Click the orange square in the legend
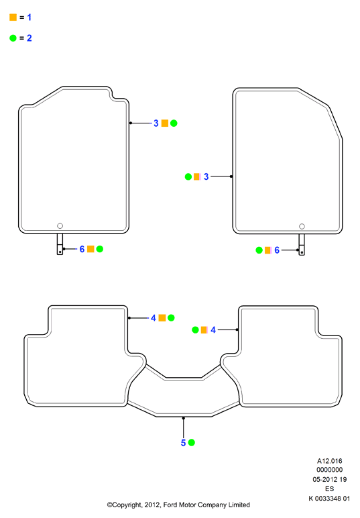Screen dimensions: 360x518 pyautogui.click(x=13, y=17)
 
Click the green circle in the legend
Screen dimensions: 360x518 pyautogui.click(x=13, y=38)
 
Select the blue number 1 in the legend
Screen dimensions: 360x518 pyautogui.click(x=29, y=17)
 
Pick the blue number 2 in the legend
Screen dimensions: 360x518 pyautogui.click(x=29, y=38)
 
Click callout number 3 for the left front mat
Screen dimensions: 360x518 pyautogui.click(x=156, y=123)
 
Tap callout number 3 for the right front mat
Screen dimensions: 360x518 pyautogui.click(x=206, y=176)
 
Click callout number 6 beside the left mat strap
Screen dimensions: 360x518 pyautogui.click(x=82, y=249)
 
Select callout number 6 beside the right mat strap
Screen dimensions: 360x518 pyautogui.click(x=277, y=250)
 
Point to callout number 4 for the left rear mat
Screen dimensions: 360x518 pyautogui.click(x=154, y=318)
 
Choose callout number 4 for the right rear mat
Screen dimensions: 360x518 pyautogui.click(x=213, y=330)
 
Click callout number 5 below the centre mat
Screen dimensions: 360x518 pyautogui.click(x=184, y=443)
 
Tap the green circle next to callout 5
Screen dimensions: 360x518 pyautogui.click(x=191, y=443)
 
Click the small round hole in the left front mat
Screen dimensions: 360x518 pyautogui.click(x=60, y=226)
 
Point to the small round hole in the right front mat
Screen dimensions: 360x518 pyautogui.click(x=302, y=226)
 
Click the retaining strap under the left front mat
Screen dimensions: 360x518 pyautogui.click(x=60, y=244)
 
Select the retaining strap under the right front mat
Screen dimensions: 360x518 pyautogui.click(x=302, y=245)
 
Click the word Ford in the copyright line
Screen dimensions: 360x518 pyautogui.click(x=170, y=505)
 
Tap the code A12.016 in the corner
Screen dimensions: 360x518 pyautogui.click(x=330, y=461)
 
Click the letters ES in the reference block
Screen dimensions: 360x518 pyautogui.click(x=330, y=489)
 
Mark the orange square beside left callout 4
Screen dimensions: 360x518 pyautogui.click(x=162, y=318)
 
